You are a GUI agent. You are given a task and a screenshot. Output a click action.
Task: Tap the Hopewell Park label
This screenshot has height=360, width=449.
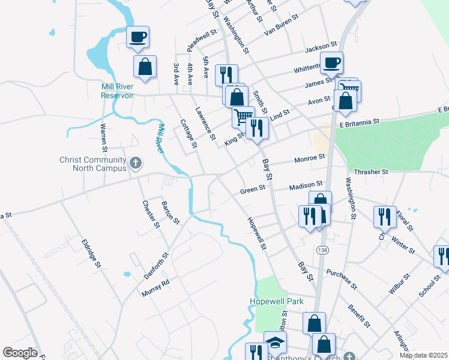[x=277, y=301]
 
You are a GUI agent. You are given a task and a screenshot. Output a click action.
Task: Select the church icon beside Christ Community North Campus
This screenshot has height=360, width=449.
[x=136, y=162]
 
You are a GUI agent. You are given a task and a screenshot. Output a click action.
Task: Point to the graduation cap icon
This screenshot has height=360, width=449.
[x=276, y=343]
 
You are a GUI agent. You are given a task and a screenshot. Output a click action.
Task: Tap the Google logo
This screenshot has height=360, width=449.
[x=20, y=352]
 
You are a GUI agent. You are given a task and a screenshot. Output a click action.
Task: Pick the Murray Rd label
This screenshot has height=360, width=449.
[x=155, y=288]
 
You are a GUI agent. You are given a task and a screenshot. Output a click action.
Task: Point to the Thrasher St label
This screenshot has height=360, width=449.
[x=372, y=171]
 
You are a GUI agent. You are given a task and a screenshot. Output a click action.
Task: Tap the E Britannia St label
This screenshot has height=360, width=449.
[x=360, y=121]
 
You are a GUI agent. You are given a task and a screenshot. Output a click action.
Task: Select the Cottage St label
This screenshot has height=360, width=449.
[x=188, y=133]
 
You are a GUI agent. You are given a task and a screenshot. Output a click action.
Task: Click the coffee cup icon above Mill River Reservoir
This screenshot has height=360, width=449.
[x=138, y=37]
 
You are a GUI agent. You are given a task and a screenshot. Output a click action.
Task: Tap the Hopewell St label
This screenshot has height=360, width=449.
[x=256, y=233]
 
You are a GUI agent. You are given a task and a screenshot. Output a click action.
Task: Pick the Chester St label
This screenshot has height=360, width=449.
[x=151, y=214]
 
